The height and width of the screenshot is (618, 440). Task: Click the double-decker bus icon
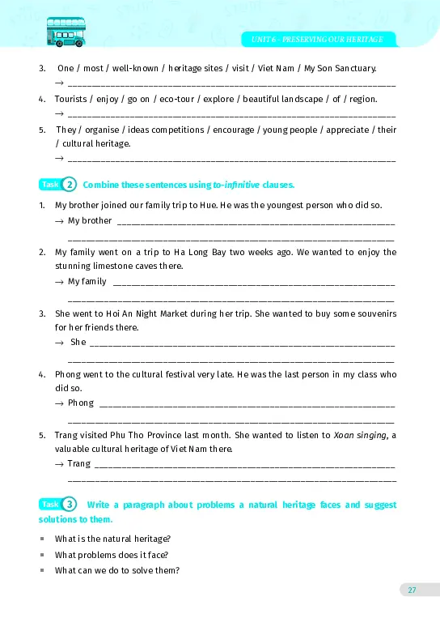[66, 32]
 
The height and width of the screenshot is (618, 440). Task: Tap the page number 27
[412, 590]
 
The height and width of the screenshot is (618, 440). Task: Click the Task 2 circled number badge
[70, 184]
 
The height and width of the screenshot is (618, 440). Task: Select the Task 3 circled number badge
[70, 505]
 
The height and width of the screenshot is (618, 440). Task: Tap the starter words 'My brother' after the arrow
[90, 220]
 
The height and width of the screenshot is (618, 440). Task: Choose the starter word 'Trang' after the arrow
[79, 464]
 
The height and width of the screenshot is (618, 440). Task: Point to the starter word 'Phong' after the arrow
[81, 403]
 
